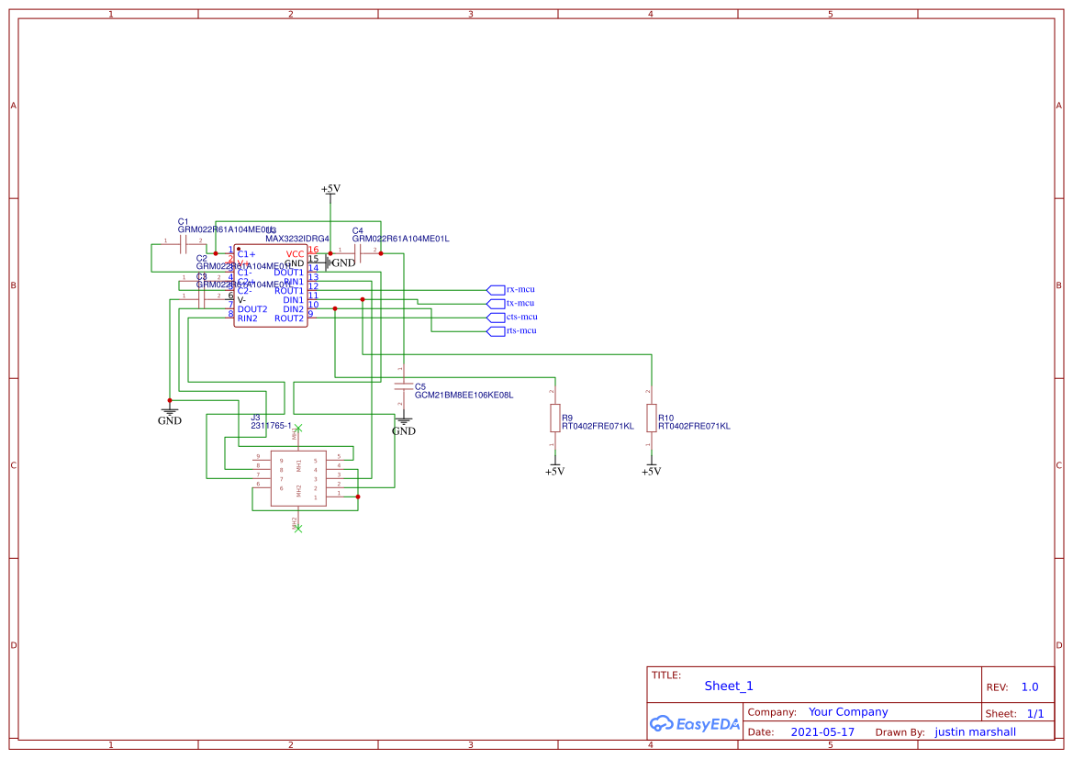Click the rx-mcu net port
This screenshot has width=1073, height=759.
coord(496,289)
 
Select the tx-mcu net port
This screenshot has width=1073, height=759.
coord(496,303)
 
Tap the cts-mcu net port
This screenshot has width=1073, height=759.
coord(496,317)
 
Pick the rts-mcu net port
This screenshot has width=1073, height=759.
coord(496,330)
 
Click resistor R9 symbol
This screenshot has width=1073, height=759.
coord(554,418)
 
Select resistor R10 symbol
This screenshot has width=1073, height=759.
coord(651,418)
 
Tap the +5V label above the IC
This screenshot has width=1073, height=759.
coord(330,189)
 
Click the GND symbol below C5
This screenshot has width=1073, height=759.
coord(404,428)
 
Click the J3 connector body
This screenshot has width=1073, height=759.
coord(297,478)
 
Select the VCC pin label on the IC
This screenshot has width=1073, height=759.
coord(295,253)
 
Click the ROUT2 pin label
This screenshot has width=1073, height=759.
coord(288,318)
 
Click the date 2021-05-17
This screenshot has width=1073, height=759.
coord(822,732)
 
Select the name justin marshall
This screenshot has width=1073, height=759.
coord(975,732)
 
